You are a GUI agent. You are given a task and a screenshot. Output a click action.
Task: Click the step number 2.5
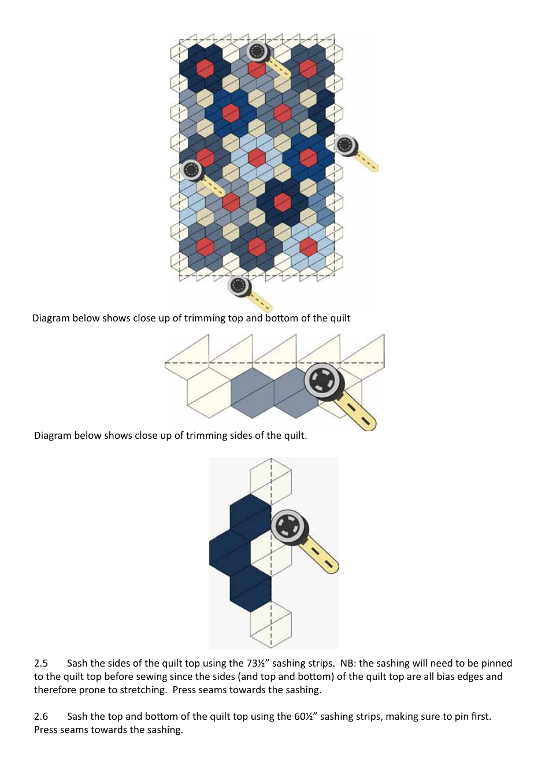click(x=40, y=663)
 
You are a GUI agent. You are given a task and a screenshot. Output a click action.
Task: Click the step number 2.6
click(x=40, y=716)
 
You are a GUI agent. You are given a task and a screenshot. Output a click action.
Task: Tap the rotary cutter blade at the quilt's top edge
click(x=258, y=51)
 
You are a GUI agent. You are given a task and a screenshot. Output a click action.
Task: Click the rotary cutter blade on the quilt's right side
click(x=346, y=145)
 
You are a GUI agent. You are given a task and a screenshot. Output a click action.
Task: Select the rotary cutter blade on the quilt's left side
click(x=191, y=170)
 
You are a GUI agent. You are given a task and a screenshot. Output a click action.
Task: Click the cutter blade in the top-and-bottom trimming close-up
click(x=323, y=381)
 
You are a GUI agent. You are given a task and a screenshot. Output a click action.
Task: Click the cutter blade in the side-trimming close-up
click(x=289, y=527)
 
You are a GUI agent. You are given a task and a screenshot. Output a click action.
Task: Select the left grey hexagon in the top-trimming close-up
click(x=252, y=393)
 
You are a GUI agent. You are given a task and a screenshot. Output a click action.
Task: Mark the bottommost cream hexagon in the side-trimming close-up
click(x=271, y=626)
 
